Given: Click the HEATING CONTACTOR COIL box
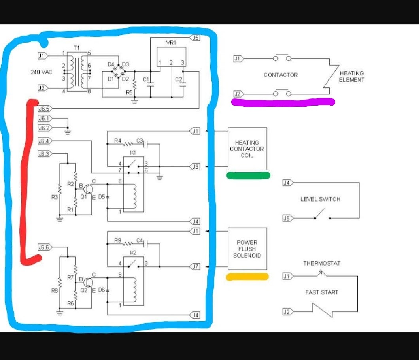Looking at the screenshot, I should (x=247, y=149).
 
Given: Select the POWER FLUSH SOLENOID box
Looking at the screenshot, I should (x=247, y=249).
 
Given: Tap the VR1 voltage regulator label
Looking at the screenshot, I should (x=171, y=43).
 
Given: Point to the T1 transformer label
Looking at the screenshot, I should (x=77, y=48).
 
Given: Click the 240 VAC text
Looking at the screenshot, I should (x=41, y=72).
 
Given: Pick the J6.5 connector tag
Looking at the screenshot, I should (x=44, y=108).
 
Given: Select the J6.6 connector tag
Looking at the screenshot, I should (x=44, y=247).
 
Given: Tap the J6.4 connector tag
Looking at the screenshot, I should (x=44, y=141).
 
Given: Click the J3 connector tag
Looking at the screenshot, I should (x=195, y=167).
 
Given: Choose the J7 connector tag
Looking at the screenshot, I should (x=195, y=267).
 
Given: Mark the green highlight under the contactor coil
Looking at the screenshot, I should (x=248, y=175).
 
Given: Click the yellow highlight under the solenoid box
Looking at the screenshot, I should (x=247, y=277).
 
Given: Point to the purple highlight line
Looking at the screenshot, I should (x=283, y=102).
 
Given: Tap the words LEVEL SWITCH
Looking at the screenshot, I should (x=320, y=199).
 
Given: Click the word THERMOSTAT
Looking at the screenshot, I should (x=321, y=263).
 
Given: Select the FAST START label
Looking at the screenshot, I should (x=321, y=292).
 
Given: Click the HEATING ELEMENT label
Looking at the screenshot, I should (x=351, y=76).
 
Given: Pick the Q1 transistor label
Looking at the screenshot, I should (x=83, y=196).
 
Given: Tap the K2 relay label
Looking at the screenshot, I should (x=133, y=252).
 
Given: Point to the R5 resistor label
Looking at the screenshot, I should (x=129, y=93).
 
